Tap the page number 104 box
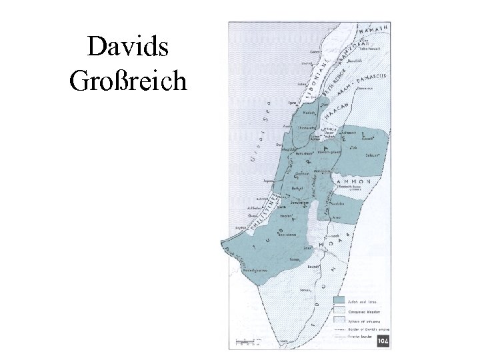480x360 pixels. (383, 341)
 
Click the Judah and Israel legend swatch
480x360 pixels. (340, 301)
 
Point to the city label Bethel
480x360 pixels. (297, 189)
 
